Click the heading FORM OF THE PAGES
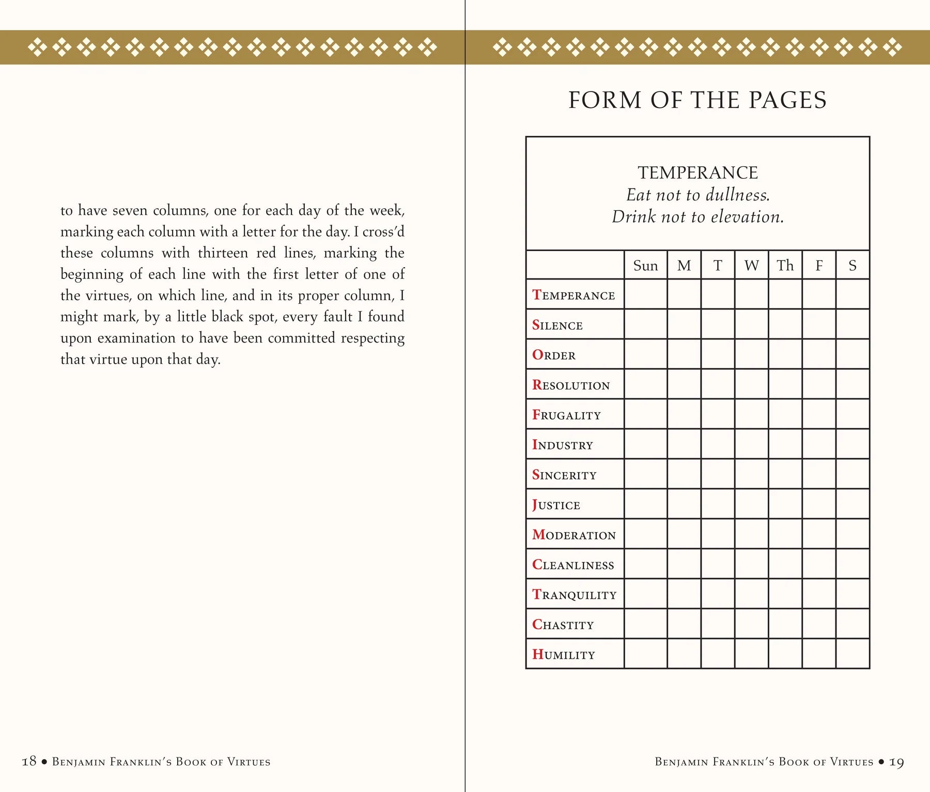pyautogui.click(x=698, y=100)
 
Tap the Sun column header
pyautogui.click(x=645, y=266)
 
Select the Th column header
pyautogui.click(x=785, y=266)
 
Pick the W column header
pyautogui.click(x=751, y=266)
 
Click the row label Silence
pyautogui.click(x=557, y=325)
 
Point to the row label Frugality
pyautogui.click(x=566, y=415)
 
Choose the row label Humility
pyautogui.click(x=564, y=655)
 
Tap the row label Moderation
pyautogui.click(x=574, y=535)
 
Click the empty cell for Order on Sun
pyautogui.click(x=645, y=354)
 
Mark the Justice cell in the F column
pyautogui.click(x=819, y=504)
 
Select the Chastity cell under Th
pyautogui.click(x=785, y=624)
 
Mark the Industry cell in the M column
pyautogui.click(x=684, y=444)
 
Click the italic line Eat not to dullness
pyautogui.click(x=698, y=195)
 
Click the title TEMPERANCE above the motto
pyautogui.click(x=698, y=173)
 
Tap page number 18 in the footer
pyautogui.click(x=29, y=761)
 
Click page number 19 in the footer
pyautogui.click(x=896, y=762)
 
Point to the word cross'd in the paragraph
pyautogui.click(x=383, y=231)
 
